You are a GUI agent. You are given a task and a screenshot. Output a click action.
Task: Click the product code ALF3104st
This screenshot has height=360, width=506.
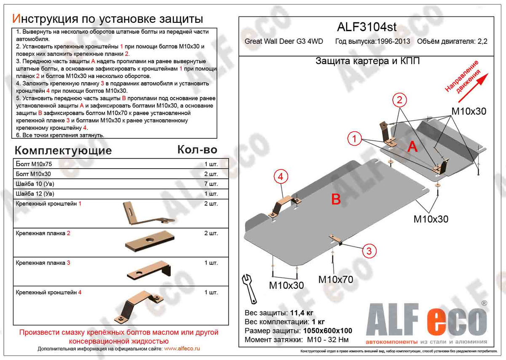point(367,27)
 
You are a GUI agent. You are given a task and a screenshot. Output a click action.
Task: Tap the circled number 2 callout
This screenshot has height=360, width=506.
point(399,100)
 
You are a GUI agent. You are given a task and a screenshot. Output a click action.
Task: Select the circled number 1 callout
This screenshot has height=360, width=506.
point(355,138)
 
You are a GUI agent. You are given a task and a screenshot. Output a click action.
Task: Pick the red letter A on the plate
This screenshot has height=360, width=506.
point(412,147)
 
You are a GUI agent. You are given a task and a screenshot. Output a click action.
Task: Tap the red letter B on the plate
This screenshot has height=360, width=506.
point(336,199)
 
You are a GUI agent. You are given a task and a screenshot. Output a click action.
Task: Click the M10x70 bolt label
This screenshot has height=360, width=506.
point(335,279)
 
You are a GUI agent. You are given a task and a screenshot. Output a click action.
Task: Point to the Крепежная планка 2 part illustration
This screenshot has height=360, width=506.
point(148,241)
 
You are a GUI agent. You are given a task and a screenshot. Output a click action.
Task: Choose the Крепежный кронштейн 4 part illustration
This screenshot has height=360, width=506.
point(141,306)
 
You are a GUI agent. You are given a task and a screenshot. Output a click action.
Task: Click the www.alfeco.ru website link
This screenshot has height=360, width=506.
point(182,349)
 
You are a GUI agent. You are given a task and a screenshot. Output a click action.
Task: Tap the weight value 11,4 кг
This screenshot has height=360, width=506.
point(301,313)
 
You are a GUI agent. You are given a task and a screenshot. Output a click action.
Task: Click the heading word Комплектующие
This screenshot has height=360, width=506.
point(63,150)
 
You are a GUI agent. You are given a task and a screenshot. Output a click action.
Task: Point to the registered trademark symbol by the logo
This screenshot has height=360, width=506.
point(484,303)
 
